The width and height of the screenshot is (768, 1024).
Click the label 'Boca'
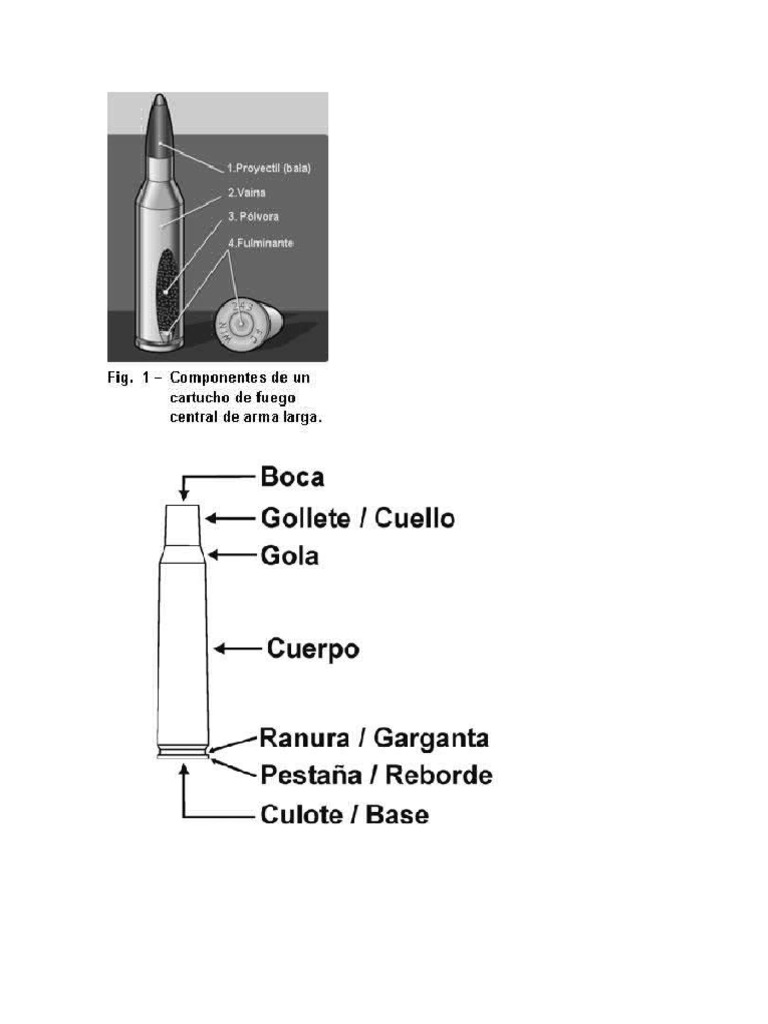coord(292,476)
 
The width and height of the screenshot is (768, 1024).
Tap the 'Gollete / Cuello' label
coord(357,518)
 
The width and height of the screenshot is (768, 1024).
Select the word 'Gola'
coord(289,555)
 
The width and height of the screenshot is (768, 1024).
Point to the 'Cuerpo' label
coord(313,649)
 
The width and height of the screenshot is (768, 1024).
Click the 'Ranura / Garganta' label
coord(374,739)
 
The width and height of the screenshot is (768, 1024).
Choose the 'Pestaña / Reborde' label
coord(376,775)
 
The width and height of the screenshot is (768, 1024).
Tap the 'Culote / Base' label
coord(344,814)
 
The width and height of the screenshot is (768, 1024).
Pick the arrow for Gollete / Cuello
coord(230,518)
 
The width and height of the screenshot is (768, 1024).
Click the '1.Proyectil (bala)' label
coord(269,169)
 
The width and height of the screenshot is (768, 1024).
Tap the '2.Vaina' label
coord(246,192)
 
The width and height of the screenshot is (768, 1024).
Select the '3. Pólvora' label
coord(252,216)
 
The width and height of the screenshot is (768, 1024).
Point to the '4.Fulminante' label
coord(260,242)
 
